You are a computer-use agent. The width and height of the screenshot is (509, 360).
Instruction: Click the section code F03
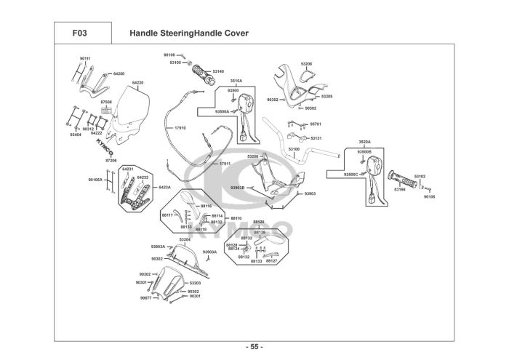[x=81, y=33]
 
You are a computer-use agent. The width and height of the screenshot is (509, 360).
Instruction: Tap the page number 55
[x=254, y=345]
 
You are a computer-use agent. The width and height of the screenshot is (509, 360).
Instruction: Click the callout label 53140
[x=219, y=71]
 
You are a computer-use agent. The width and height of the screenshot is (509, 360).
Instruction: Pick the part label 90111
[x=85, y=57]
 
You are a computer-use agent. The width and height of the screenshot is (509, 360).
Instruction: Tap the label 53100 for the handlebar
[x=294, y=149]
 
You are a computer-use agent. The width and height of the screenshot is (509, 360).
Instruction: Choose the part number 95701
[x=316, y=124]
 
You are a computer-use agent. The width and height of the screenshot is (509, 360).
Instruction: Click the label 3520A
[x=365, y=142]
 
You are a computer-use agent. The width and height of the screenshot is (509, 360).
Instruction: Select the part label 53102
[x=420, y=176]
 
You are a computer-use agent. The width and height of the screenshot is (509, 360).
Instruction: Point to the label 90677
[x=145, y=298]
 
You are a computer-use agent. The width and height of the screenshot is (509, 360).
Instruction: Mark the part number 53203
[x=195, y=283]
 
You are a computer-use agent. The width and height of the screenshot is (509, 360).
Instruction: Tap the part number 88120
[x=258, y=222]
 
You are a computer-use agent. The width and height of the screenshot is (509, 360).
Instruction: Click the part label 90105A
[x=95, y=179]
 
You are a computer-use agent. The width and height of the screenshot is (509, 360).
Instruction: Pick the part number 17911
[x=225, y=164]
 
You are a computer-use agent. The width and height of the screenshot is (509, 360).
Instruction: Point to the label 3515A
[x=236, y=80]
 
